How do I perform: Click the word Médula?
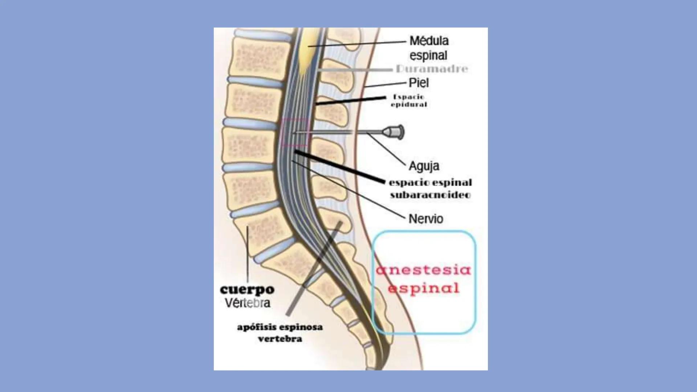[x=429, y=41]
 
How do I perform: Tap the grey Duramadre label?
[x=432, y=69]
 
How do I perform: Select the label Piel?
[x=419, y=83]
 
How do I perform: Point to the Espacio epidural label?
[x=409, y=101]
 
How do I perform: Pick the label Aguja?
[x=424, y=166]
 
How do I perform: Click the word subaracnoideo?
[x=430, y=195]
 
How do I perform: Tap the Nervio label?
[x=426, y=219]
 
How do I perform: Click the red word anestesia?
[x=423, y=270]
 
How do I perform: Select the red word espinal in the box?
[x=423, y=288]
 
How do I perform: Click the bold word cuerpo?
[x=247, y=289]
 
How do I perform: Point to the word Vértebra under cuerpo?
[x=247, y=303]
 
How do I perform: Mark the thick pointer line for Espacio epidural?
[x=351, y=101]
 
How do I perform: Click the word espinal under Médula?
[x=428, y=56]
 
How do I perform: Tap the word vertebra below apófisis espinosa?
[x=280, y=339]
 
